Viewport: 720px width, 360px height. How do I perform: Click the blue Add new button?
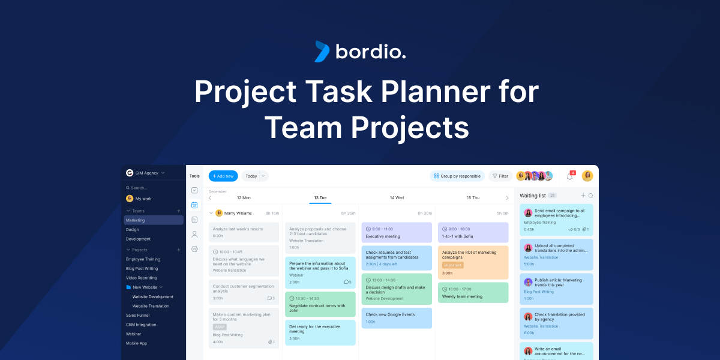click(x=223, y=176)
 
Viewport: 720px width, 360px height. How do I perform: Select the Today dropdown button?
click(x=255, y=176)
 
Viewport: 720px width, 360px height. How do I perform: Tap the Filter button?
click(x=500, y=176)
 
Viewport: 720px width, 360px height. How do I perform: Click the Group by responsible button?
click(x=457, y=176)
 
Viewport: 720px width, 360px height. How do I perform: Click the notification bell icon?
click(x=570, y=176)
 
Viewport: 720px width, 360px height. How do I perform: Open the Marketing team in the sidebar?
click(x=153, y=220)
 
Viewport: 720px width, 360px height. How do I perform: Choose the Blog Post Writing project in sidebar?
click(x=142, y=269)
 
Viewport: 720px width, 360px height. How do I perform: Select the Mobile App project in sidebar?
click(x=136, y=343)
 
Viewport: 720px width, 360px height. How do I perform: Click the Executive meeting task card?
click(x=397, y=232)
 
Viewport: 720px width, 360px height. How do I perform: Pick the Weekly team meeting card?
click(x=473, y=292)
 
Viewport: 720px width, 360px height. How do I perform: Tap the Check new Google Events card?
click(x=397, y=318)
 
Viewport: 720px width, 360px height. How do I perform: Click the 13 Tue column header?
click(x=320, y=197)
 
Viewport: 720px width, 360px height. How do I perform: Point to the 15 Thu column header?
click(x=473, y=197)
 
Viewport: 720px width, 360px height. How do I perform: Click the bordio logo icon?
click(x=322, y=52)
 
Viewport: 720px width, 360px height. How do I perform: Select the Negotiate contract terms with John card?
click(x=320, y=304)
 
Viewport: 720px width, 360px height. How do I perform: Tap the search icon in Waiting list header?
click(x=590, y=196)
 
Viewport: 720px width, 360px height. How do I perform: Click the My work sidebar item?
click(x=143, y=199)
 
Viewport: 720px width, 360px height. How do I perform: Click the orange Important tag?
click(x=452, y=265)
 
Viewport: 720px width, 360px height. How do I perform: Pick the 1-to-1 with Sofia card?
click(x=473, y=232)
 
